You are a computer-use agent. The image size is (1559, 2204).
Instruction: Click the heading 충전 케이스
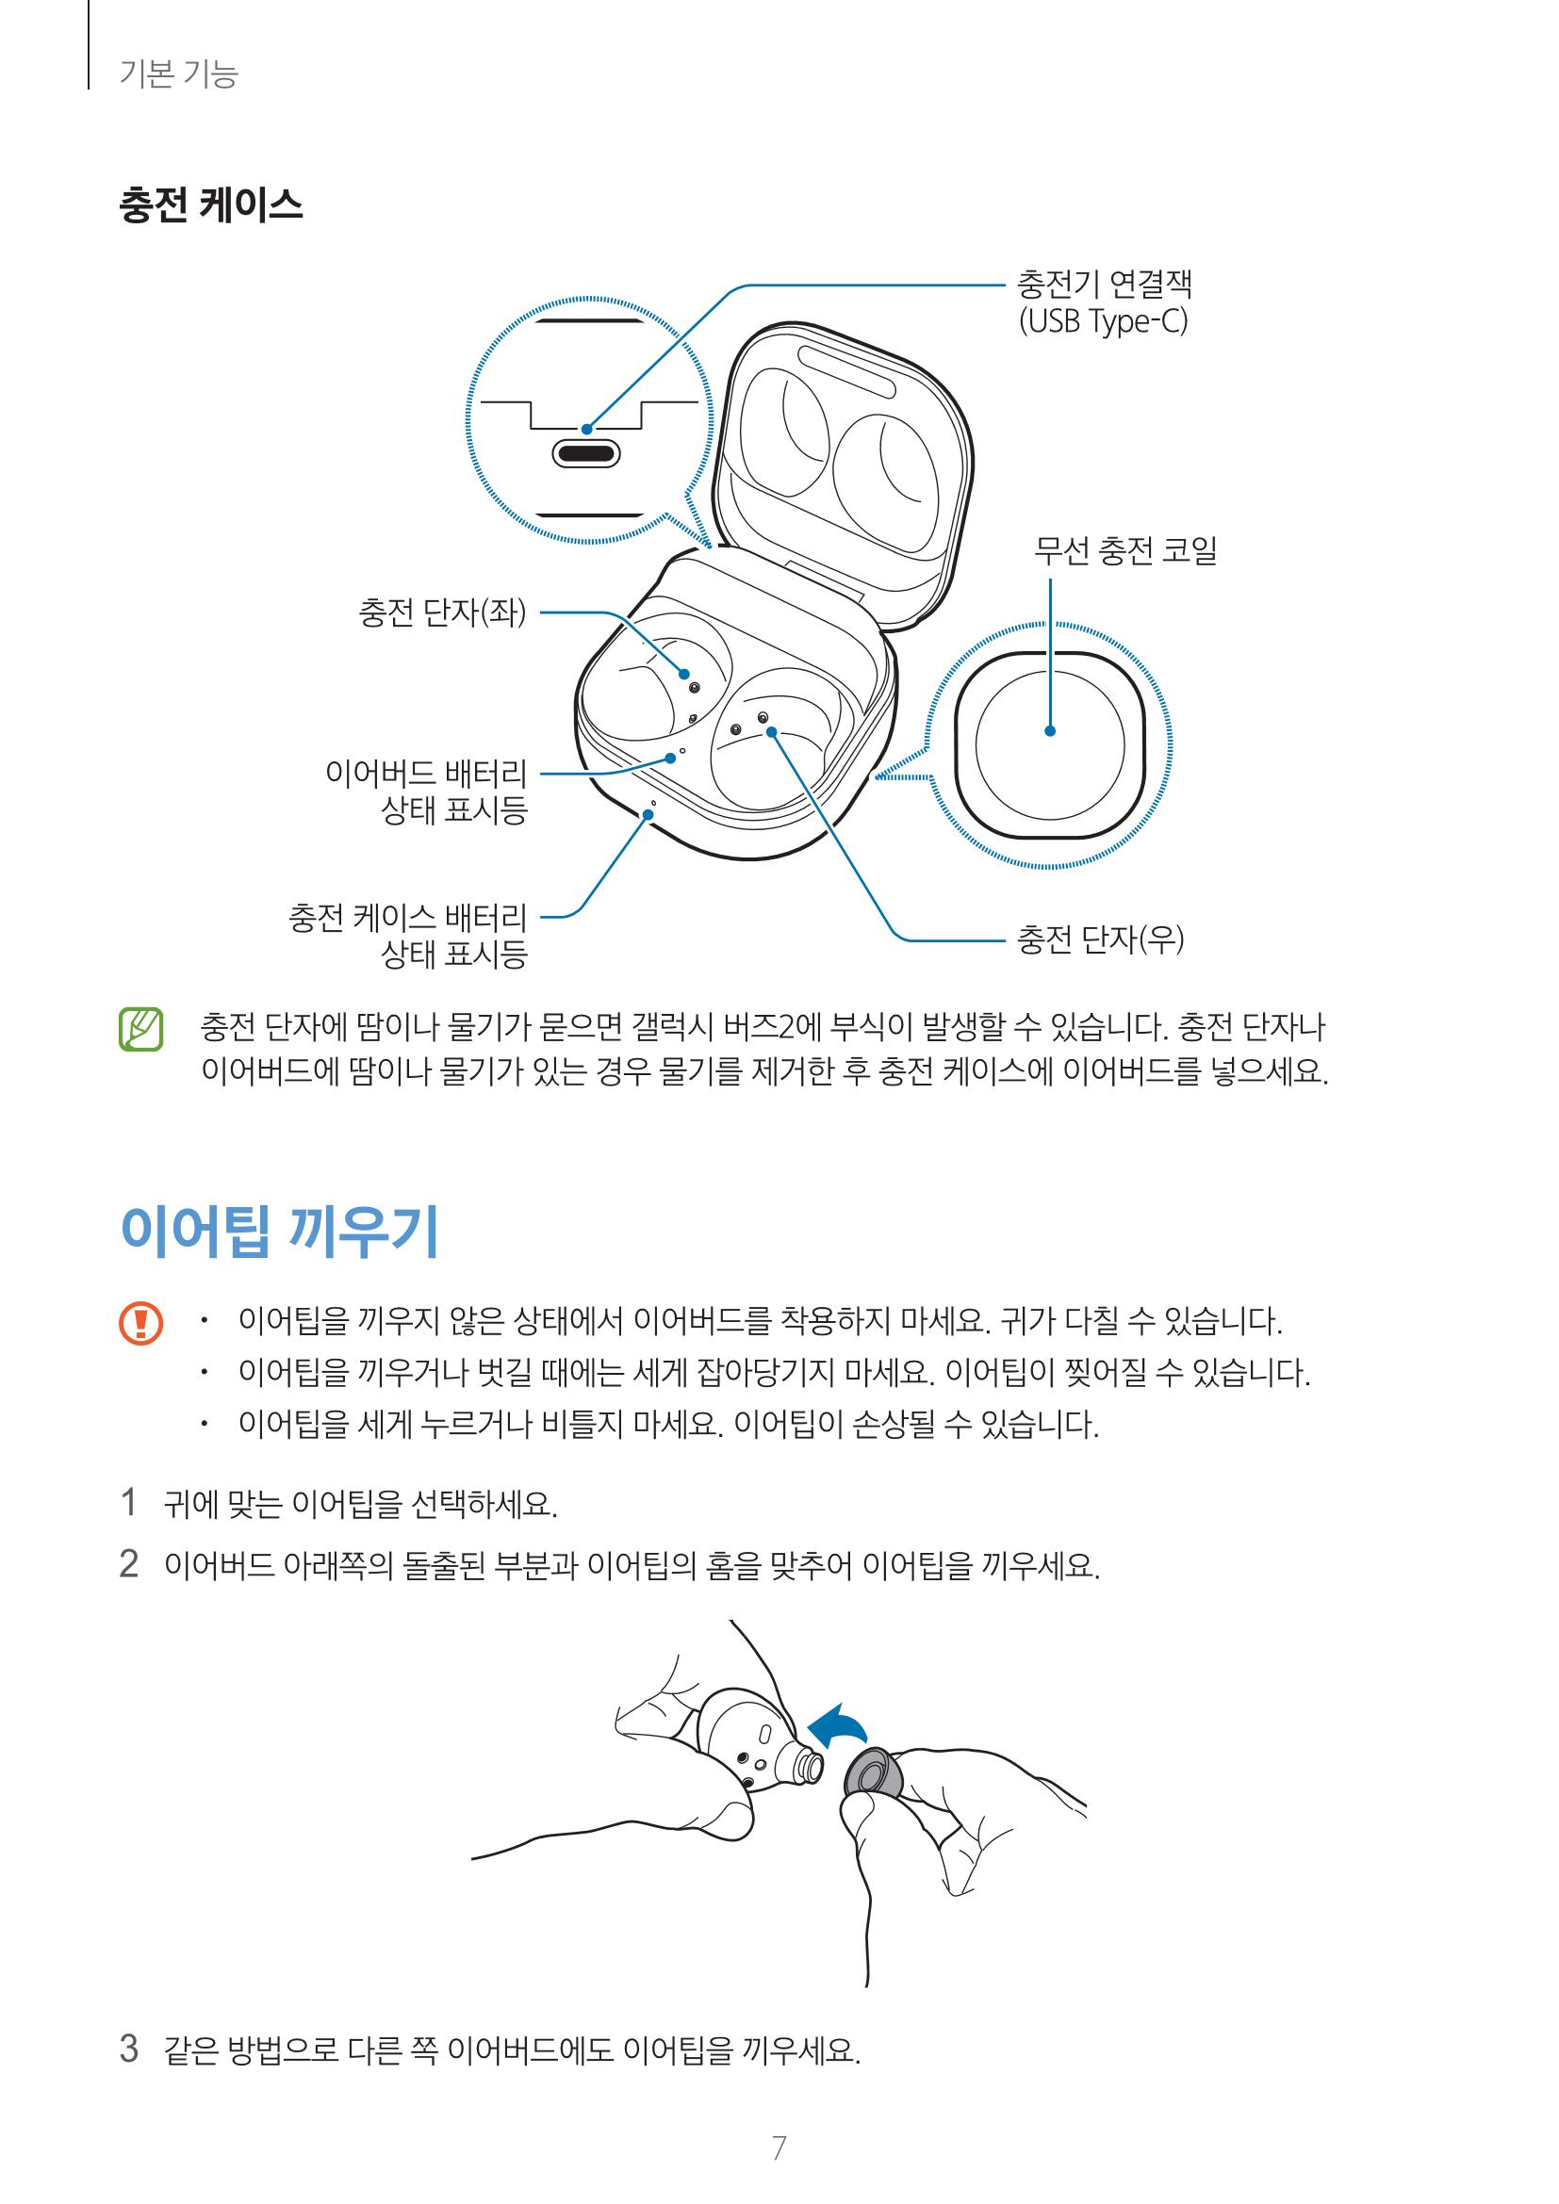point(210,205)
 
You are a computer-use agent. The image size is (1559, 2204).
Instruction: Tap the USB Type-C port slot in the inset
point(585,452)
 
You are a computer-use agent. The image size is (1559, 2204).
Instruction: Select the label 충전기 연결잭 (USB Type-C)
point(1103,302)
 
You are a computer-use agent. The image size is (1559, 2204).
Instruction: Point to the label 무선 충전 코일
point(1124,551)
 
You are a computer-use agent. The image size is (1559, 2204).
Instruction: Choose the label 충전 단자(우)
point(1100,939)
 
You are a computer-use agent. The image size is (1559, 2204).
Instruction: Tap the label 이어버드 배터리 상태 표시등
point(427,791)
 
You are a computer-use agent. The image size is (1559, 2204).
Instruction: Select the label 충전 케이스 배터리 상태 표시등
point(408,935)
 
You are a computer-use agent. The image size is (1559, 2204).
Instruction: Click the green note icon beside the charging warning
point(141,1029)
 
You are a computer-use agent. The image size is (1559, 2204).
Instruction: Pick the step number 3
point(128,2049)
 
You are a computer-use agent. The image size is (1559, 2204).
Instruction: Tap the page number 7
point(779,2147)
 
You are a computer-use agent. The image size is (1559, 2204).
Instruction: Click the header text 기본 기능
point(178,73)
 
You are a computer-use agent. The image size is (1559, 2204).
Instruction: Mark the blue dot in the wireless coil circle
point(1050,730)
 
